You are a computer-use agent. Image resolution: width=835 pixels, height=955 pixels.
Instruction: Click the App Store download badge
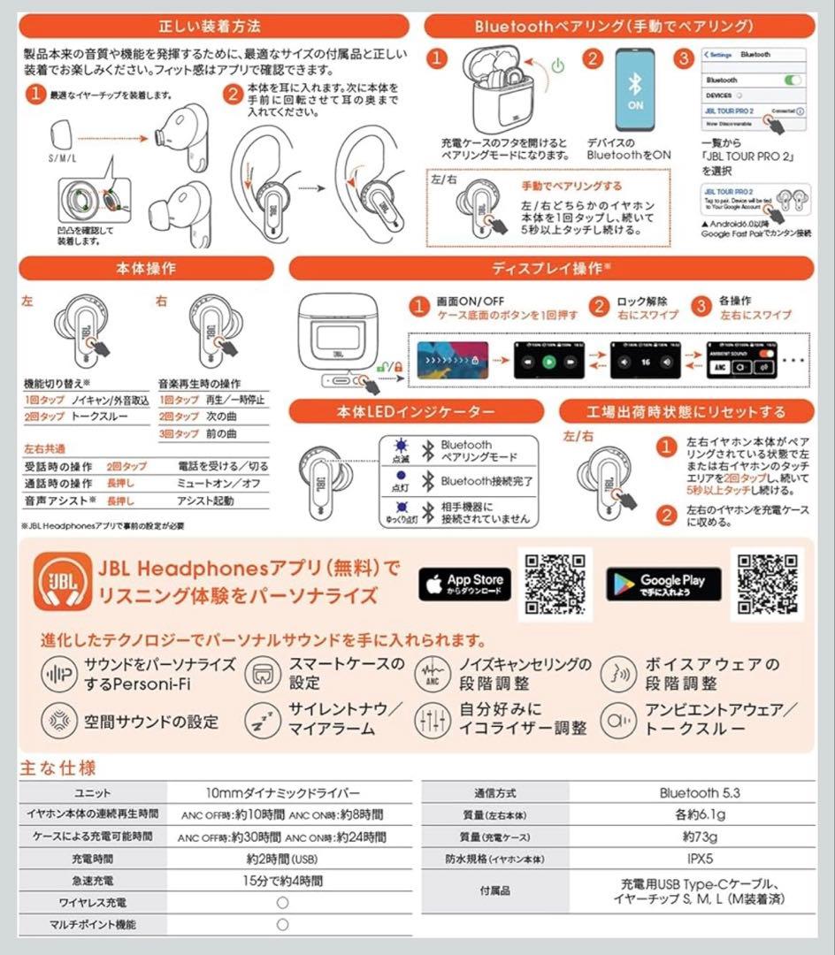click(465, 584)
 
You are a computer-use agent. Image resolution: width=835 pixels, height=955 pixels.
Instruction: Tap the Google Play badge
click(663, 584)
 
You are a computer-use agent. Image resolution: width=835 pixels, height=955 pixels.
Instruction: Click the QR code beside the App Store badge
click(555, 584)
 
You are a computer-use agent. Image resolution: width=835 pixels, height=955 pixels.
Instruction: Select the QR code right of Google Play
click(767, 584)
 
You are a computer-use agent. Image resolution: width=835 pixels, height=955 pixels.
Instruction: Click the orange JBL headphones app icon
click(62, 582)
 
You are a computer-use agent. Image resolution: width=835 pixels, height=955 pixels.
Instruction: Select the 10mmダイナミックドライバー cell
click(282, 793)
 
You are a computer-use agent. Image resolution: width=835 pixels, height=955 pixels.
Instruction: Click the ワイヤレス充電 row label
click(92, 903)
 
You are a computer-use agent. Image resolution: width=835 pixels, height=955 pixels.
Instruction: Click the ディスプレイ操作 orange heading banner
click(551, 268)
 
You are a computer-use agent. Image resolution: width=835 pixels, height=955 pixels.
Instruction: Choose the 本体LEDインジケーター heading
click(416, 411)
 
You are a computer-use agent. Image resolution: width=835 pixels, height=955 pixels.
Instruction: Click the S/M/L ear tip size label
click(62, 158)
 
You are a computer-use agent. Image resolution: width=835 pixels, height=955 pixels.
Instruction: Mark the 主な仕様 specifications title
click(58, 767)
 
